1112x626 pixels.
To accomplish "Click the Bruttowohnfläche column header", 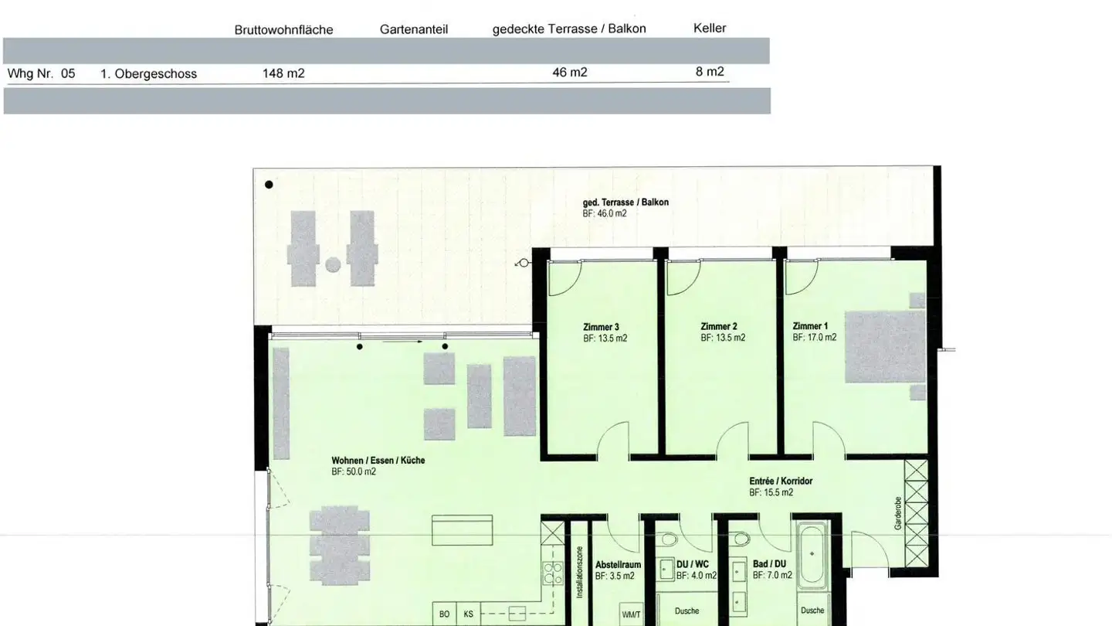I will point(283,30).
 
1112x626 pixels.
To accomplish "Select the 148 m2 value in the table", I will point(283,73).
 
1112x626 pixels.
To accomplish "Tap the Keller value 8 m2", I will point(710,72).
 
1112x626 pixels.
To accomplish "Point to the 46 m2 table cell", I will point(570,72).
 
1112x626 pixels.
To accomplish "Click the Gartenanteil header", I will point(414,29).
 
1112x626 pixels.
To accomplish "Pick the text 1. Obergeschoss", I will point(148,74).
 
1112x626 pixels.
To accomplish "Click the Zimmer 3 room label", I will point(601,327).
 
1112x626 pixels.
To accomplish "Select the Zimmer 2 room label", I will point(719,327).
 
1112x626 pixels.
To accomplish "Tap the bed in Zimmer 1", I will point(885,346).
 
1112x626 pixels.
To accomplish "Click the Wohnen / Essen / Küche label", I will point(378,461).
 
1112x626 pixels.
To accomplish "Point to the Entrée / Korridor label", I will point(781,481).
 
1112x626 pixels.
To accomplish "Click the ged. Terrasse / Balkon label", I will point(625,202).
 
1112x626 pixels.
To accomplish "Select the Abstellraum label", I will point(618,565).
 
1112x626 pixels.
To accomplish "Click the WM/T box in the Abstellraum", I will point(630,614).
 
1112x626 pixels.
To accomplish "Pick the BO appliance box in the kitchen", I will point(445,614).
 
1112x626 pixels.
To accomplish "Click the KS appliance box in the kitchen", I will point(468,614).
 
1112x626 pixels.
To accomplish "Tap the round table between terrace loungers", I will point(333,265).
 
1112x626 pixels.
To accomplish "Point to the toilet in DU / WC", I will point(669,539).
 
